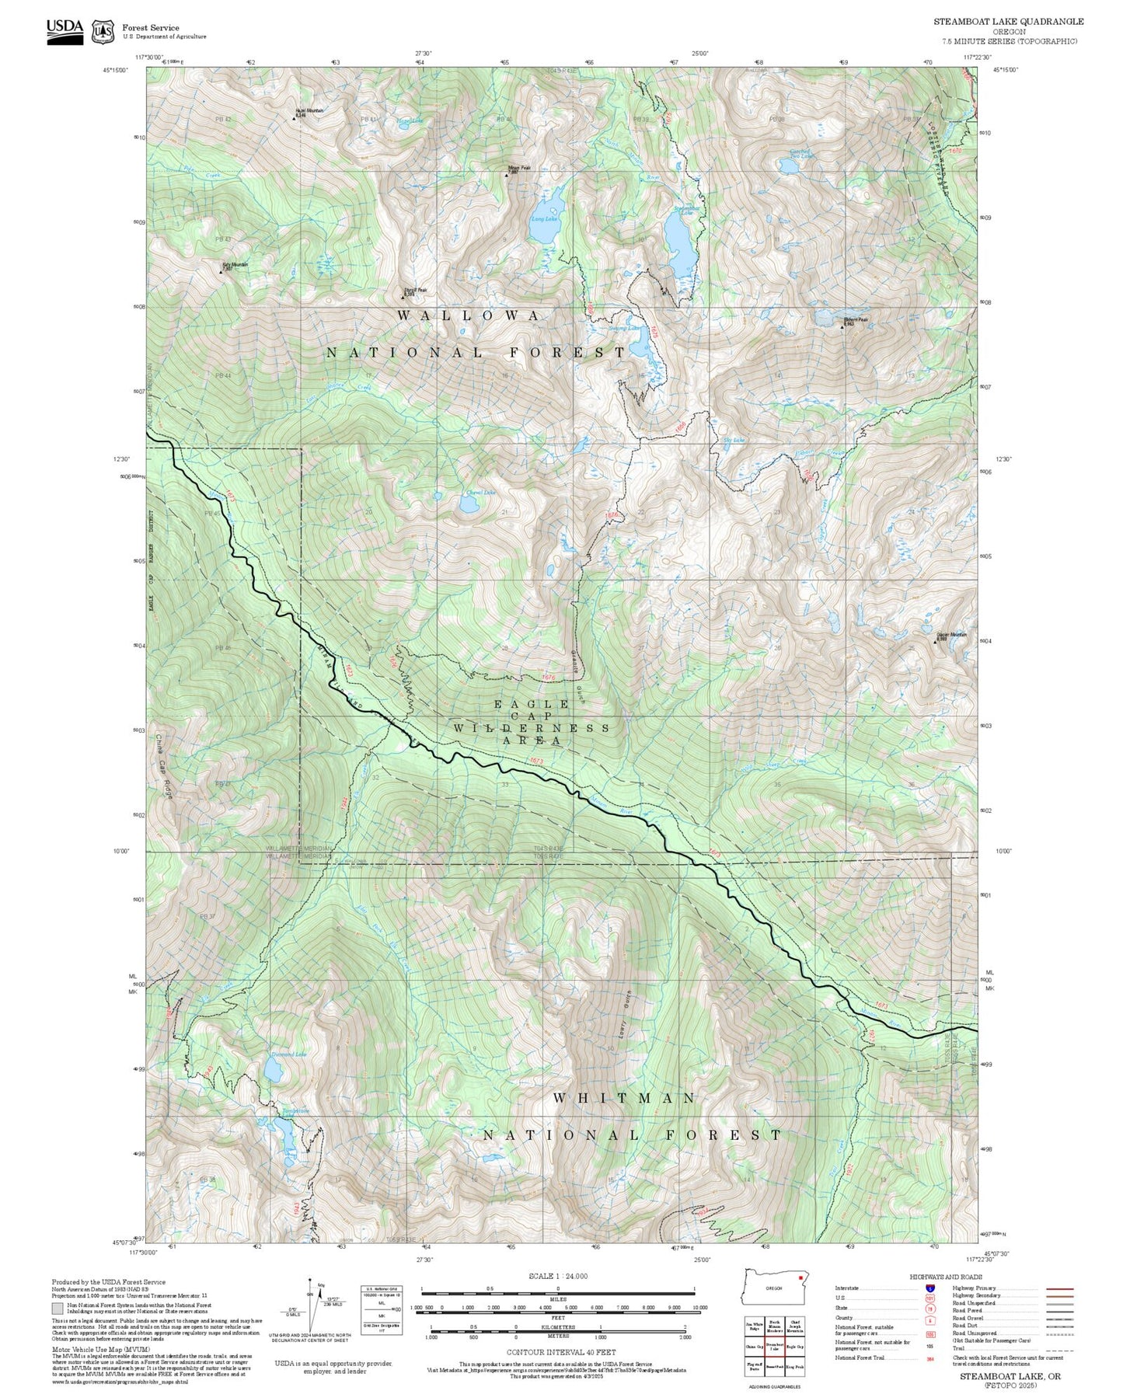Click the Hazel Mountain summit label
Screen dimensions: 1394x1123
point(309,112)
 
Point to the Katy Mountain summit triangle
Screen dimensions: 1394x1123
point(220,272)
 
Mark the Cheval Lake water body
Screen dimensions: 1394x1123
point(469,504)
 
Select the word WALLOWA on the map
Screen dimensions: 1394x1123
point(469,315)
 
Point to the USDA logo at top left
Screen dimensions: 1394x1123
point(65,30)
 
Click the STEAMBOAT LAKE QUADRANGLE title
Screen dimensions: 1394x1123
point(1008,22)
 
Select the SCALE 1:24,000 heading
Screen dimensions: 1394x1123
point(558,1276)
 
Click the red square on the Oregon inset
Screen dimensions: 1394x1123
point(800,1277)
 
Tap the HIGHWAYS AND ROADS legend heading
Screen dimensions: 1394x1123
point(946,1277)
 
